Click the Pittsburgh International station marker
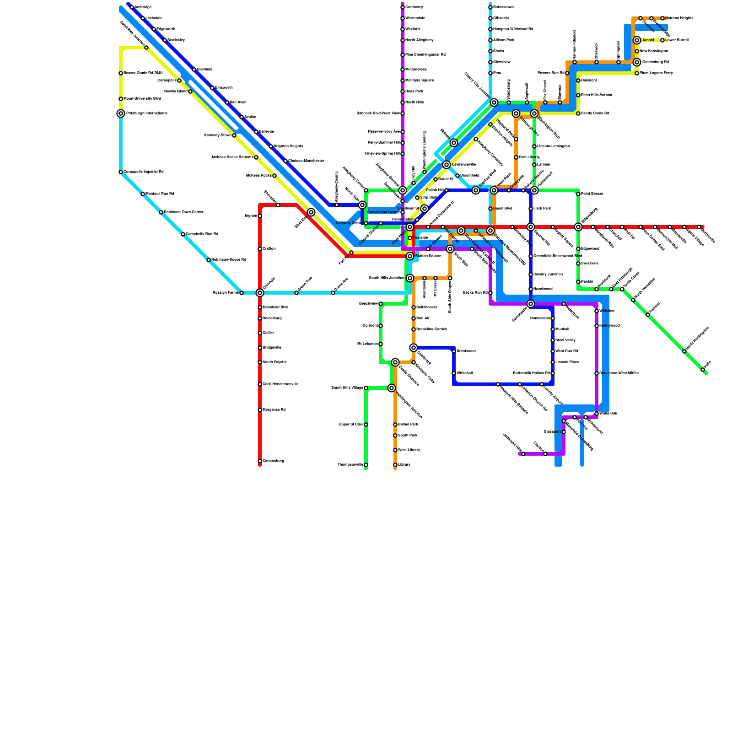tap(121, 113)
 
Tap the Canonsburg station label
tap(273, 461)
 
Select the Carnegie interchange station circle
tap(260, 293)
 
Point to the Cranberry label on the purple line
tap(414, 7)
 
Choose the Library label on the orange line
tap(404, 465)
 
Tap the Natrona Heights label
tap(679, 18)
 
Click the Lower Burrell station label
tap(677, 40)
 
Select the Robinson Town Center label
tap(183, 212)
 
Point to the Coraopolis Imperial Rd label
tap(143, 172)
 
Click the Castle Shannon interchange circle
tap(395, 362)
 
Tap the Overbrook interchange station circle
tap(414, 348)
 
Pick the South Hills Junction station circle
tap(410, 278)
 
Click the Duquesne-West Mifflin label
tap(619, 373)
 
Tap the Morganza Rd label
tap(274, 410)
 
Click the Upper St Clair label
tap(351, 425)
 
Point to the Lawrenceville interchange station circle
tap(447, 165)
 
